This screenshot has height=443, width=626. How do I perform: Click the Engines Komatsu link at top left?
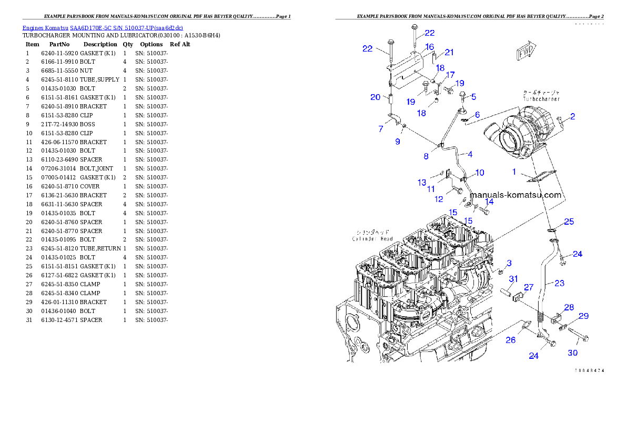tap(103, 28)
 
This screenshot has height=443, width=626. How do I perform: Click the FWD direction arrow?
tap(525, 53)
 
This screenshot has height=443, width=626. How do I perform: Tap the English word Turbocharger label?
tap(541, 98)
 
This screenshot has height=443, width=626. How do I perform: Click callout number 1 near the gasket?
tap(515, 172)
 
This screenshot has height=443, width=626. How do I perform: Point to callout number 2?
tap(572, 116)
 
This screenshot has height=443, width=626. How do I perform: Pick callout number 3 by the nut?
tap(509, 263)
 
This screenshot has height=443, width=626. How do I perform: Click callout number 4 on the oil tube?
tap(470, 154)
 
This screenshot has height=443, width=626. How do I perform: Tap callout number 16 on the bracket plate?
tap(430, 47)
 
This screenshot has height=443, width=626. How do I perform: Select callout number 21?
tap(449, 52)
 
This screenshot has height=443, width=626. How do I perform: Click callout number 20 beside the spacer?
tap(375, 97)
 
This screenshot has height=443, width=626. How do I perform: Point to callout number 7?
tap(380, 129)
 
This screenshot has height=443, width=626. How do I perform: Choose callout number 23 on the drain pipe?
tap(559, 283)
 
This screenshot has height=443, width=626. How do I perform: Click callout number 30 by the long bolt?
tap(573, 353)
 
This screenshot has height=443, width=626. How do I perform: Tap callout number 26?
tap(510, 340)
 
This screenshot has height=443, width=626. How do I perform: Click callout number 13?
tap(422, 183)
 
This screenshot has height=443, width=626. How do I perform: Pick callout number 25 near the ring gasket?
tap(569, 221)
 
